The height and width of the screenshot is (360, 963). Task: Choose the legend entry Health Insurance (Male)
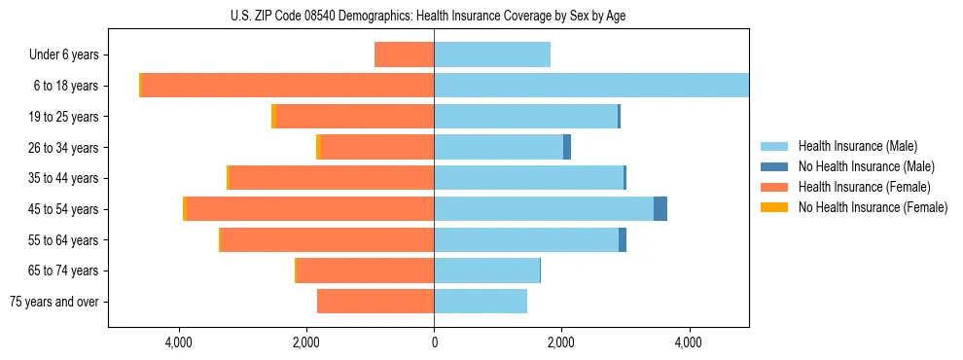coord(856,146)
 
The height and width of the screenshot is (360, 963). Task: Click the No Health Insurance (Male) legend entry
coord(866,166)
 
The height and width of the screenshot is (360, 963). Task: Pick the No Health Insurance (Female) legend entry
coord(873,207)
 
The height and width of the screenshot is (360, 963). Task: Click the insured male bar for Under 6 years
coord(492,55)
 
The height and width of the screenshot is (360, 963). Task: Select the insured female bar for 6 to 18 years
coord(288,86)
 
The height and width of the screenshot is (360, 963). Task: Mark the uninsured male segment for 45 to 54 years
coord(660,209)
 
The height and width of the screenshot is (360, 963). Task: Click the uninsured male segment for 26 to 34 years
coord(567,148)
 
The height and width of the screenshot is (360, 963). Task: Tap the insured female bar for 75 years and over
coord(375,302)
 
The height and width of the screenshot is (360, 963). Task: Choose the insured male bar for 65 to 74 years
coord(486,270)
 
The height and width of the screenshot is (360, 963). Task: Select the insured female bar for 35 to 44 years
coord(331,178)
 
